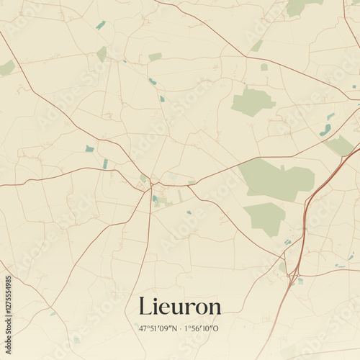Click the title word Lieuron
point(180,307)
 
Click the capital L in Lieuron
point(145,306)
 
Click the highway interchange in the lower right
point(294,274)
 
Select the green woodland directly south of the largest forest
point(265,217)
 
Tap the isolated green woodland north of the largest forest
point(252,102)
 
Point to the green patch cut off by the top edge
point(301,6)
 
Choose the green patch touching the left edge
point(6,68)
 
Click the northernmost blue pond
point(100,25)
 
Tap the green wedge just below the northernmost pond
point(102,53)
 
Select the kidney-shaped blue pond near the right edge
point(326,130)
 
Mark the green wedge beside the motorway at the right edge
point(339,145)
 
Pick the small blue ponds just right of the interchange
point(301,281)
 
